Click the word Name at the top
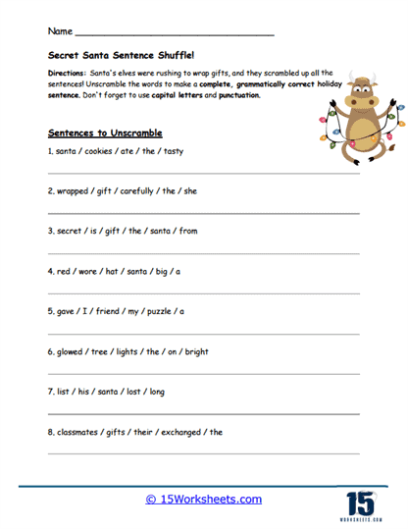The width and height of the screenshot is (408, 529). (x=59, y=34)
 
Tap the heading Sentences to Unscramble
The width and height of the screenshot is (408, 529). (x=104, y=132)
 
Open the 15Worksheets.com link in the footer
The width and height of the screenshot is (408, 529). (x=203, y=500)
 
